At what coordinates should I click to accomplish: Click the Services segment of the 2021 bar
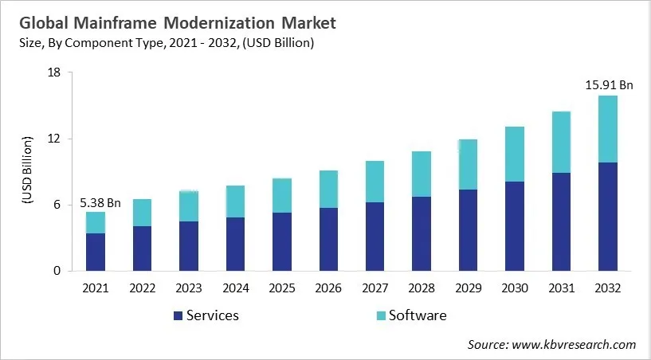click(96, 252)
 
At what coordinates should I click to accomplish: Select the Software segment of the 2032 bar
click(608, 129)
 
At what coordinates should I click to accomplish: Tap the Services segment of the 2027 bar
click(375, 237)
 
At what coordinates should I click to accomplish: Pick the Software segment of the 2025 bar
click(282, 195)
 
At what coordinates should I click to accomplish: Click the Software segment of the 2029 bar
click(469, 164)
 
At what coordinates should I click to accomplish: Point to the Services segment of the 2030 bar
click(515, 226)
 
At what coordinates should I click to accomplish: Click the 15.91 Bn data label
click(609, 84)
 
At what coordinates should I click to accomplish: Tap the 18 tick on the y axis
click(54, 73)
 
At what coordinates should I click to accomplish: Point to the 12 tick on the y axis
click(54, 139)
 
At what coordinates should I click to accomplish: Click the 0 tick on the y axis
click(57, 271)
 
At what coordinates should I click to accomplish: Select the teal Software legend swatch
click(382, 315)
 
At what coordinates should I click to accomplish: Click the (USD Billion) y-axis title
click(26, 172)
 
